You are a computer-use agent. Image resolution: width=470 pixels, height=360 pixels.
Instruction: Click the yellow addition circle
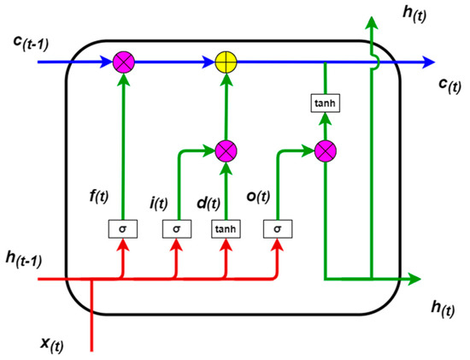coord(226,62)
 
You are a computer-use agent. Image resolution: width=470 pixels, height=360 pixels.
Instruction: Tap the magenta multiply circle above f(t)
coord(125,62)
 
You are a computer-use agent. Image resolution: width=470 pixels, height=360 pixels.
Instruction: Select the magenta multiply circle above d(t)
coord(226,151)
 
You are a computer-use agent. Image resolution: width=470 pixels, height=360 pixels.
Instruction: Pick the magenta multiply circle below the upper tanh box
coord(325,151)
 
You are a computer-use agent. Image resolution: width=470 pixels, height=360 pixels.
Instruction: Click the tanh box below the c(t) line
coord(325,103)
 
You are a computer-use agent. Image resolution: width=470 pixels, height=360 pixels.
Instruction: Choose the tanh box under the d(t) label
coord(226,229)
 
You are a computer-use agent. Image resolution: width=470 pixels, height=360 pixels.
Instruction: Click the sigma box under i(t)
coord(175,229)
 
